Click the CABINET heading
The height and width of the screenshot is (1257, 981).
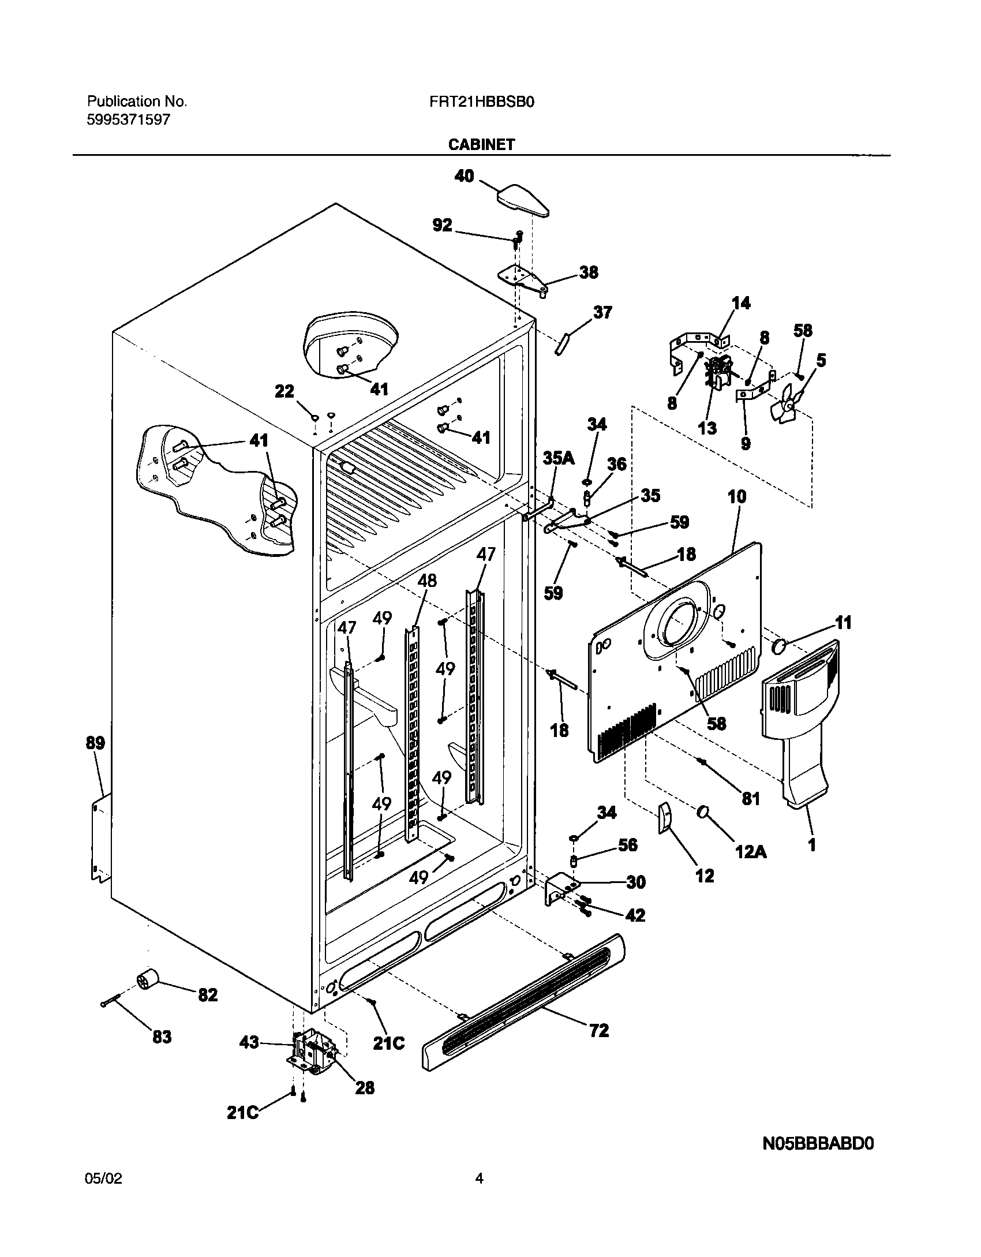pos(481,145)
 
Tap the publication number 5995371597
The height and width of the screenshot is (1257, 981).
pos(128,120)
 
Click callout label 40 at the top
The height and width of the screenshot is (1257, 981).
pos(464,175)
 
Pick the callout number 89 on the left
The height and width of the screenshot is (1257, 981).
pos(95,743)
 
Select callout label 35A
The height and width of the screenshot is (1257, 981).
pos(559,458)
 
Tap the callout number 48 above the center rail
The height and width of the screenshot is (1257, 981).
pos(427,580)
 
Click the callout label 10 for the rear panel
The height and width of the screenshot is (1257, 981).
pos(737,496)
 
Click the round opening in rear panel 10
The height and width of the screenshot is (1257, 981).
pos(679,623)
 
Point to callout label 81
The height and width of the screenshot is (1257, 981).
pos(750,799)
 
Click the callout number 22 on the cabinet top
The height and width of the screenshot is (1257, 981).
pos(284,392)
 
